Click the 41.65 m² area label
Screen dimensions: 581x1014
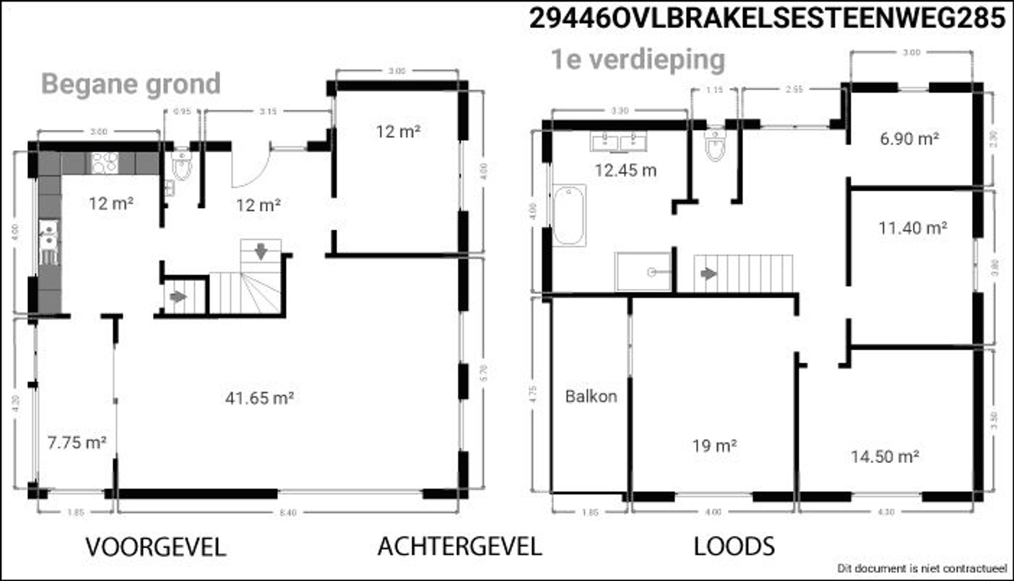point(259,398)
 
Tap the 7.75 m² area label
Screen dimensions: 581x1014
point(77,442)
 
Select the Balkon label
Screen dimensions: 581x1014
point(591,396)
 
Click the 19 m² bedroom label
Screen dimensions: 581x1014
point(714,446)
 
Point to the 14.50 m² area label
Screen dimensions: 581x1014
point(884,456)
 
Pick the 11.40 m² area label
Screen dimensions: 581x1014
point(913,228)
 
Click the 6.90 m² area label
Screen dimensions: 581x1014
point(909,139)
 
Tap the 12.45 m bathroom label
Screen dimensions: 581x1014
point(625,170)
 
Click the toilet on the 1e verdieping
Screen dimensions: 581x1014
point(714,147)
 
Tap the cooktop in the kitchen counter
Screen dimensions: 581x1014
point(104,162)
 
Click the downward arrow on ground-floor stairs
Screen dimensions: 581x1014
point(261,251)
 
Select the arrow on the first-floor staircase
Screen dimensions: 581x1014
point(709,273)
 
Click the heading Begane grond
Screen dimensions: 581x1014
point(131,84)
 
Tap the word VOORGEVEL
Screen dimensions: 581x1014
point(156,547)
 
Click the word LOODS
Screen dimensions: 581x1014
point(734,546)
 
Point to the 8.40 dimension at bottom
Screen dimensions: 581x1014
point(288,513)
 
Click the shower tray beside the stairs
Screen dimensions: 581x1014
point(643,271)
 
